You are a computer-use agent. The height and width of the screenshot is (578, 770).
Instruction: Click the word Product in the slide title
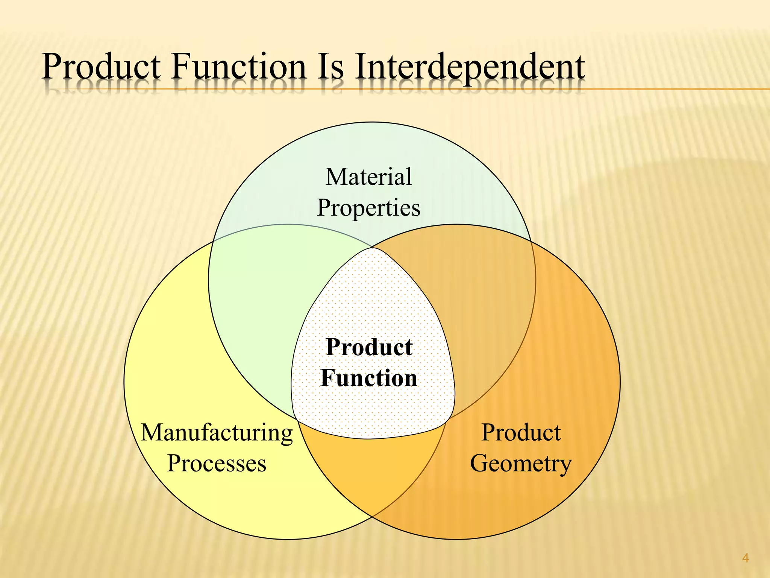pos(101,68)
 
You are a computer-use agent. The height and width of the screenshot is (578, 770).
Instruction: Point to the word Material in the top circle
pos(368,177)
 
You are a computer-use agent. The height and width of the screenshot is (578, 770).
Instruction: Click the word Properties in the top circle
pos(368,208)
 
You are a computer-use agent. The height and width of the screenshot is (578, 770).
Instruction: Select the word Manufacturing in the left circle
pos(217,433)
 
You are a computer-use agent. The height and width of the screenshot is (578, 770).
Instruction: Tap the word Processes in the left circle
pos(217,463)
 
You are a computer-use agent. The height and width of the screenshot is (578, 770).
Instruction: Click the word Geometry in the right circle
pos(521,464)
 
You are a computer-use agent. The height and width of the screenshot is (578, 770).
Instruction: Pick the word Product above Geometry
pos(521,432)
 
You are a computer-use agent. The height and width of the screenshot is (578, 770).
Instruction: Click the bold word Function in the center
pos(368,378)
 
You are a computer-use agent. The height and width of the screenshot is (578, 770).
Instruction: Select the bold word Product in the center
pos(368,347)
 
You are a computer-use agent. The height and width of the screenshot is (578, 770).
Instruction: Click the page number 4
pos(746,558)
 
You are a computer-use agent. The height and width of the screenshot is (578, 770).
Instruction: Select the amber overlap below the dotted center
pos(370,470)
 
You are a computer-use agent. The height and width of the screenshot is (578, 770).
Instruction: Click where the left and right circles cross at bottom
pos(372,517)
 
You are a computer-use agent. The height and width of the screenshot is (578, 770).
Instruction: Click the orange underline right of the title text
pos(677,89)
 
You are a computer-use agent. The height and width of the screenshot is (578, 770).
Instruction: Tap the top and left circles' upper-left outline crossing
pos(213,241)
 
